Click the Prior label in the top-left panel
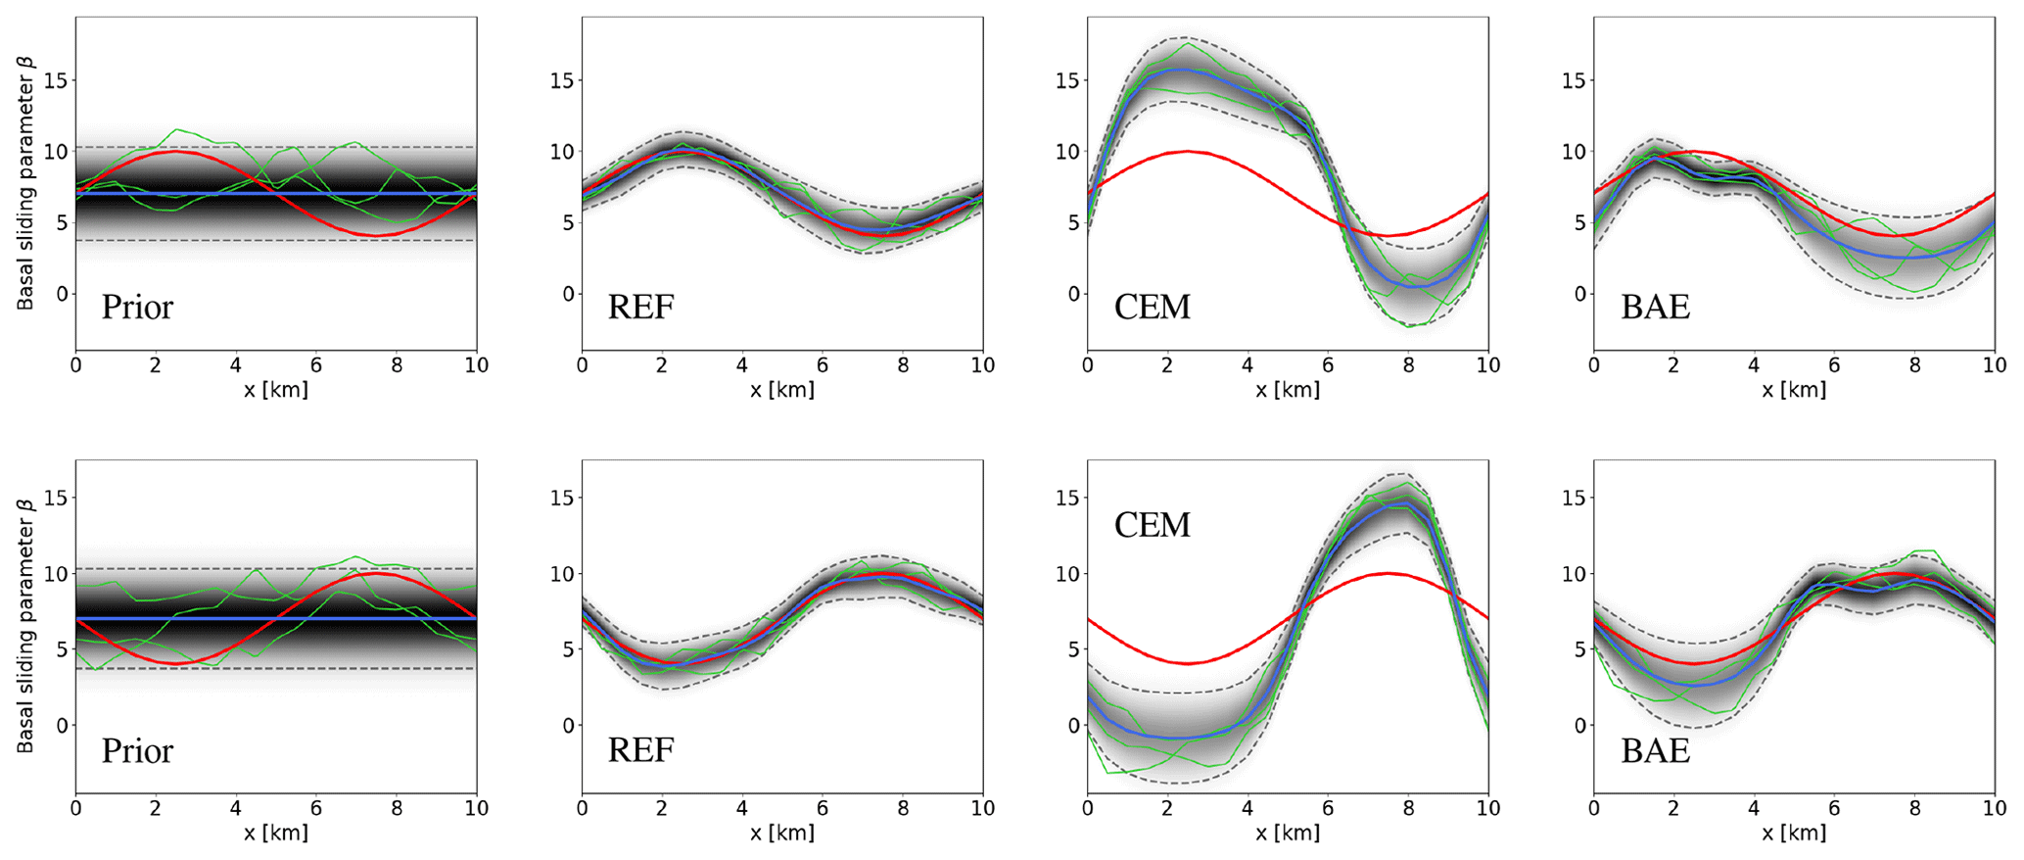(x=137, y=308)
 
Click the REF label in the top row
(x=641, y=308)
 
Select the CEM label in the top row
(x=1152, y=308)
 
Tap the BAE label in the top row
(x=1656, y=308)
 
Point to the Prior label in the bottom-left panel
(x=137, y=751)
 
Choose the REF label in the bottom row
(x=641, y=751)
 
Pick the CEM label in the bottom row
(x=1152, y=525)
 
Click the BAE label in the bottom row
(x=1656, y=751)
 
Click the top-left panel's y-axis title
(x=25, y=183)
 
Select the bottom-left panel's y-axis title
(x=25, y=627)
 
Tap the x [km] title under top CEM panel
(x=1288, y=390)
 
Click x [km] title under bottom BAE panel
(x=1794, y=834)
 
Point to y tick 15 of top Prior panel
(x=57, y=80)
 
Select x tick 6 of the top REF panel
(x=823, y=365)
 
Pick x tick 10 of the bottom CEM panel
(x=1487, y=808)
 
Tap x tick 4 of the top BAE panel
(x=1754, y=365)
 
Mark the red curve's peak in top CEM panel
(x=1188, y=151)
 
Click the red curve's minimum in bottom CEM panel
(x=1188, y=663)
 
